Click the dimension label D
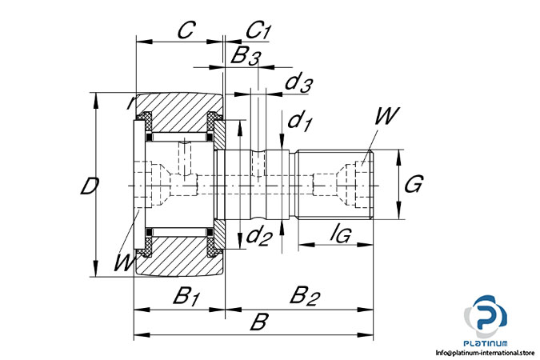[90, 186]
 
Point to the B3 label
[246, 56]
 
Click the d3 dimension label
[298, 82]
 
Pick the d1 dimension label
[300, 122]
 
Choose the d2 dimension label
[258, 235]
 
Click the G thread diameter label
[413, 186]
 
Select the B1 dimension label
[186, 296]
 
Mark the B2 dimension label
[304, 296]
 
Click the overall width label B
[258, 323]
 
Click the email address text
[485, 352]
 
